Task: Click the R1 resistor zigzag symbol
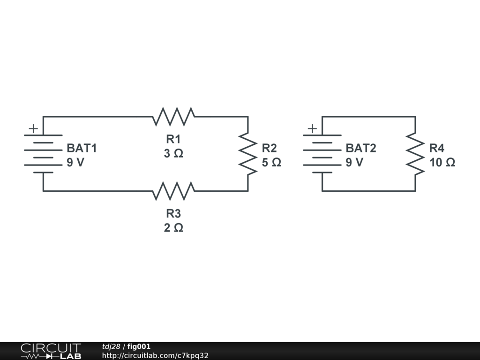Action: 173,117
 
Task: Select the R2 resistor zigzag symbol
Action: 248,154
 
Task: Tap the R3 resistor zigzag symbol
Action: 173,191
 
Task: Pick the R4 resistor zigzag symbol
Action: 415,154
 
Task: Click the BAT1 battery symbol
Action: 43,154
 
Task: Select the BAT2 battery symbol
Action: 322,154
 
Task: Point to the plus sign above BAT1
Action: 33,128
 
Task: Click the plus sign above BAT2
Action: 312,128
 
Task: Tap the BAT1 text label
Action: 82,148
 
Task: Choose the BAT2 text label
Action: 361,148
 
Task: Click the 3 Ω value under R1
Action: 173,153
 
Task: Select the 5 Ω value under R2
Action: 271,162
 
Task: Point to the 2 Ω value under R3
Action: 173,228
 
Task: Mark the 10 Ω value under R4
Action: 442,162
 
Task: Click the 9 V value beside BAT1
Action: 75,162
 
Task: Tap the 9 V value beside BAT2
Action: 354,162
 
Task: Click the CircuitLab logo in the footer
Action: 51,351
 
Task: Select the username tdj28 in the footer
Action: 111,346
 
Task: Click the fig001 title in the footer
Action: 139,346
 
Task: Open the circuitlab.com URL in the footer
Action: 155,355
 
